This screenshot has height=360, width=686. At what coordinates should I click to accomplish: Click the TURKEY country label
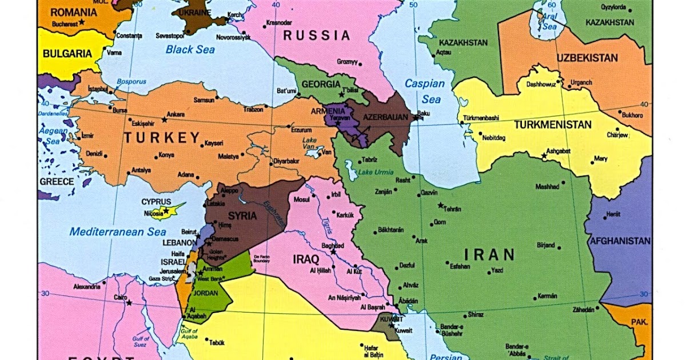pos(162,138)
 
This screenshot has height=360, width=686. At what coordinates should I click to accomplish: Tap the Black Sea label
pos(190,50)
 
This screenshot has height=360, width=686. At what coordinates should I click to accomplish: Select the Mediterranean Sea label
pos(118,232)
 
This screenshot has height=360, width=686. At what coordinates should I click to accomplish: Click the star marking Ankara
pos(164,120)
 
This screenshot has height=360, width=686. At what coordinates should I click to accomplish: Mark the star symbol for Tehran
pos(440,205)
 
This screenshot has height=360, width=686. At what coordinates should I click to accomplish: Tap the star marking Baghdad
pos(333,251)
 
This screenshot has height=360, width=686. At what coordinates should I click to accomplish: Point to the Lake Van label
pos(309,143)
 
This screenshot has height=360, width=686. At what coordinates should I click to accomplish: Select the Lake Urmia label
pos(376,173)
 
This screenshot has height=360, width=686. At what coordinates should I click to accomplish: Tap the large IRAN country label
pos(489,254)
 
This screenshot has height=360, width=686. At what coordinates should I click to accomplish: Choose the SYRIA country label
pos(242,216)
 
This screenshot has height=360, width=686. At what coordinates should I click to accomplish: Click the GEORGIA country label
pos(321,84)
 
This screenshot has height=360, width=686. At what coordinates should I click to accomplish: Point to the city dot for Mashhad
pos(563,183)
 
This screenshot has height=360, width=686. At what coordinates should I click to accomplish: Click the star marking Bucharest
pos(82,22)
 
